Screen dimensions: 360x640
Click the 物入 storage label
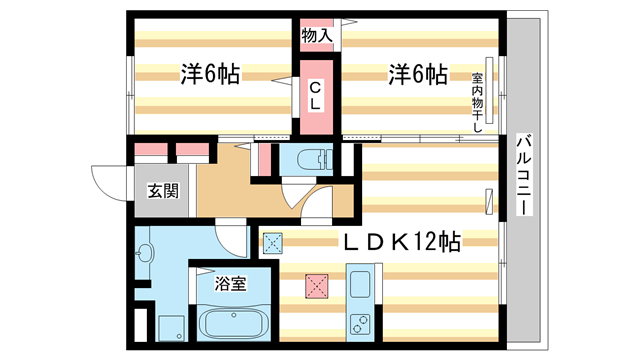(x=317, y=37)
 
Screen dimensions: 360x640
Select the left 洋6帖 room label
(x=210, y=74)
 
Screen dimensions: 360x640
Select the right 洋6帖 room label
(x=418, y=74)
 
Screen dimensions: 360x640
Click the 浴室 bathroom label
(x=231, y=283)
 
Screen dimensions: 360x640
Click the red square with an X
(x=319, y=287)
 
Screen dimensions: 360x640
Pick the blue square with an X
(x=273, y=241)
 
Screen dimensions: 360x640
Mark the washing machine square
(x=166, y=326)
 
